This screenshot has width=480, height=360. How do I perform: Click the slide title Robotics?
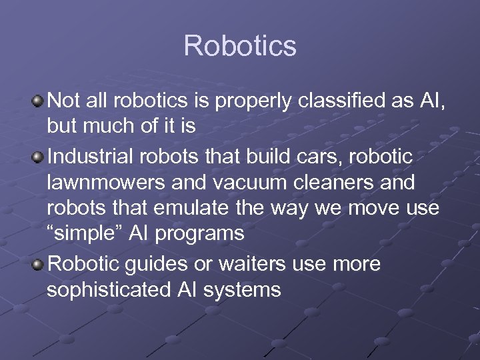tap(239, 46)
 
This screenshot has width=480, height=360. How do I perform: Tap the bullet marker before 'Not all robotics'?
tap(39, 100)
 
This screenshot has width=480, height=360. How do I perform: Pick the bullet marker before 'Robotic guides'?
tap(39, 264)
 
